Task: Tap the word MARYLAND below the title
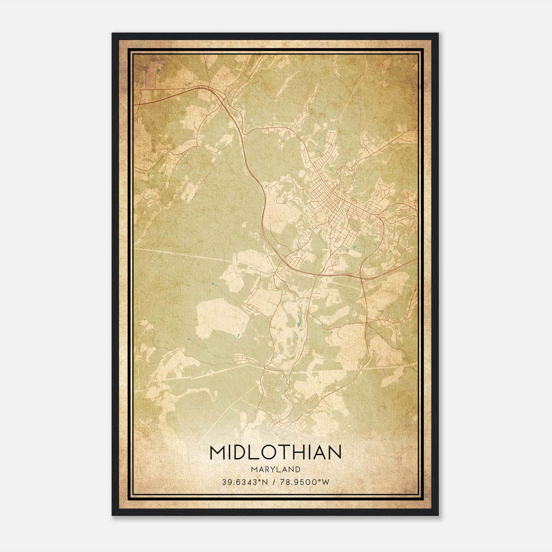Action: pos(276,469)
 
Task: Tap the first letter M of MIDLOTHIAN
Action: pos(217,452)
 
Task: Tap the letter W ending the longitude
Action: pos(326,482)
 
